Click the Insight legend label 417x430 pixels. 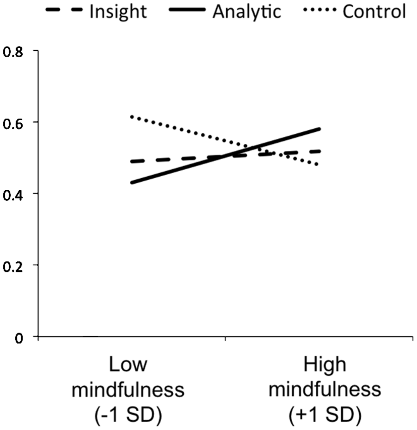118,12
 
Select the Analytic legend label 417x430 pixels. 247,12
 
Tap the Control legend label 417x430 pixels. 374,12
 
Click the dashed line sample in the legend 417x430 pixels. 64,10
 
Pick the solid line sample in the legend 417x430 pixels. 187,10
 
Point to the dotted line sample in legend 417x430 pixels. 320,10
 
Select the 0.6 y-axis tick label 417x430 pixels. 13,123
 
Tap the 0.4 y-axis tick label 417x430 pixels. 13,195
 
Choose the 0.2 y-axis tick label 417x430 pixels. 13,266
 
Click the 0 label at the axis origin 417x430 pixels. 19,338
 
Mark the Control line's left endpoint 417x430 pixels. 132,117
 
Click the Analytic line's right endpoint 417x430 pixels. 320,129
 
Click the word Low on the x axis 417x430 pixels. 128,365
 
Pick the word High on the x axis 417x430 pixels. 325,365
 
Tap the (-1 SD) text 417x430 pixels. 128,415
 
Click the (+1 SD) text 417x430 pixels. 325,415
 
